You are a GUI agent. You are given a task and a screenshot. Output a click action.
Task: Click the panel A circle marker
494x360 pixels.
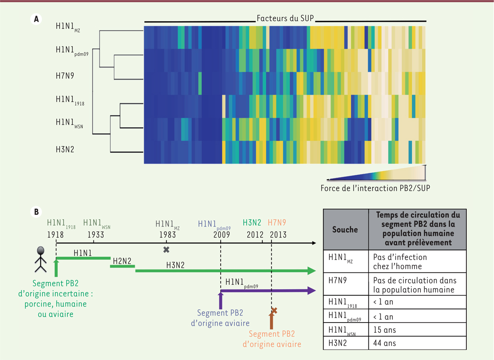click(36, 19)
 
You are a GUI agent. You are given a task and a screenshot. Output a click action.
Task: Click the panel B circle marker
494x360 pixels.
click(36, 212)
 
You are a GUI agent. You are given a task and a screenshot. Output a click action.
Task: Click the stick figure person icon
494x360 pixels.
click(41, 260)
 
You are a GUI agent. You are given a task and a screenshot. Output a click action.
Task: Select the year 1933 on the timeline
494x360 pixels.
click(96, 235)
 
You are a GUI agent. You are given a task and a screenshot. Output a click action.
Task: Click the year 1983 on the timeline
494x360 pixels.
click(166, 235)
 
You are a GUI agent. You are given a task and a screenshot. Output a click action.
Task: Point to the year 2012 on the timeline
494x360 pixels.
click(255, 235)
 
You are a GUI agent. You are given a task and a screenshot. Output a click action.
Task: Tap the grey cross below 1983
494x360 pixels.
click(166, 249)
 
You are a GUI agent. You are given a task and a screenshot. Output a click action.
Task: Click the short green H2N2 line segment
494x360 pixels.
click(122, 266)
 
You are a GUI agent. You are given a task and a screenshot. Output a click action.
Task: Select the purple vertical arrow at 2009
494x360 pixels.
click(221, 299)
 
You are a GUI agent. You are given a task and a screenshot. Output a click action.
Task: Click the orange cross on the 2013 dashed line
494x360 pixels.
click(273, 311)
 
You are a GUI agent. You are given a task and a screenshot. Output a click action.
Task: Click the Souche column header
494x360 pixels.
click(345, 230)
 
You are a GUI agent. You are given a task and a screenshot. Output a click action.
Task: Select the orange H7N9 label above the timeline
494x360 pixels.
click(277, 223)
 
